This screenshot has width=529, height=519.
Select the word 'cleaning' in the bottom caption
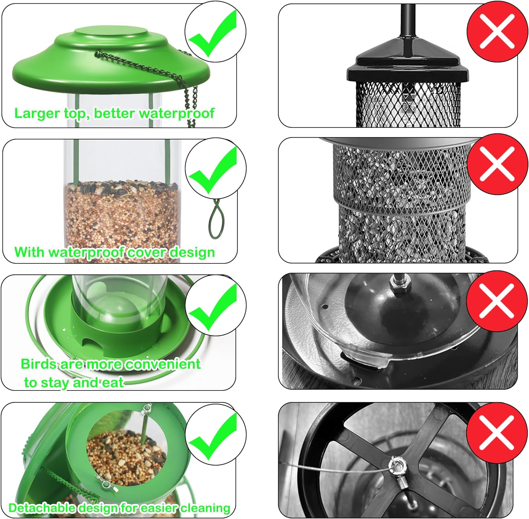(x=205, y=508)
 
